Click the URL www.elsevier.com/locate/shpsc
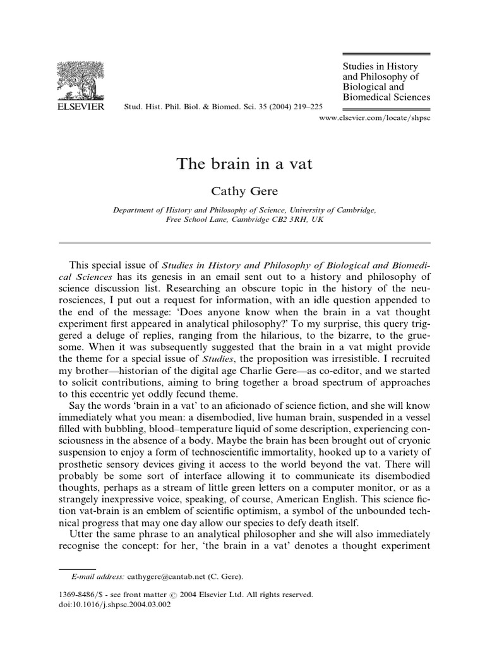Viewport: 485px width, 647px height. pos(376,118)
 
